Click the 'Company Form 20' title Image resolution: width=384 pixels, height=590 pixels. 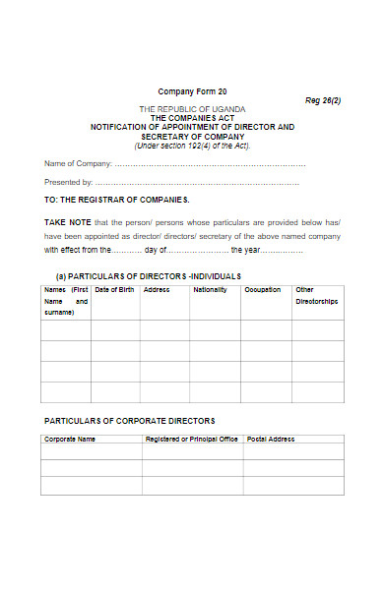(192, 89)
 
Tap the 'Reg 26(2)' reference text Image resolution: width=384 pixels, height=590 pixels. (322, 100)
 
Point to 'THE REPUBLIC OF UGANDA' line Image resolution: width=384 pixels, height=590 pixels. (192, 108)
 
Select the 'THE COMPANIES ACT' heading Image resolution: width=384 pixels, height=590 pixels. (192, 117)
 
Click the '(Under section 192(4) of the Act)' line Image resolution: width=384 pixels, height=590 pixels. (192, 146)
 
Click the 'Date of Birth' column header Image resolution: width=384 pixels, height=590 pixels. (114, 290)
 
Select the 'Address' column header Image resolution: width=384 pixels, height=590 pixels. (157, 290)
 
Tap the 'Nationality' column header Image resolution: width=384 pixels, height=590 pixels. (210, 290)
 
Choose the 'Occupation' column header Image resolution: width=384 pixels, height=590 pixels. (263, 290)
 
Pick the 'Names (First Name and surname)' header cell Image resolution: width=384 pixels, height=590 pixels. (65, 301)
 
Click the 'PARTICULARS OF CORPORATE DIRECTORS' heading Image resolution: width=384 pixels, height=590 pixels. (129, 420)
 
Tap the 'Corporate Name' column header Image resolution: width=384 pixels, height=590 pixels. (70, 439)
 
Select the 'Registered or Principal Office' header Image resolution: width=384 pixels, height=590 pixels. (192, 439)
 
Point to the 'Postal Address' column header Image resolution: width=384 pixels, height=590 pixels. (271, 439)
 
